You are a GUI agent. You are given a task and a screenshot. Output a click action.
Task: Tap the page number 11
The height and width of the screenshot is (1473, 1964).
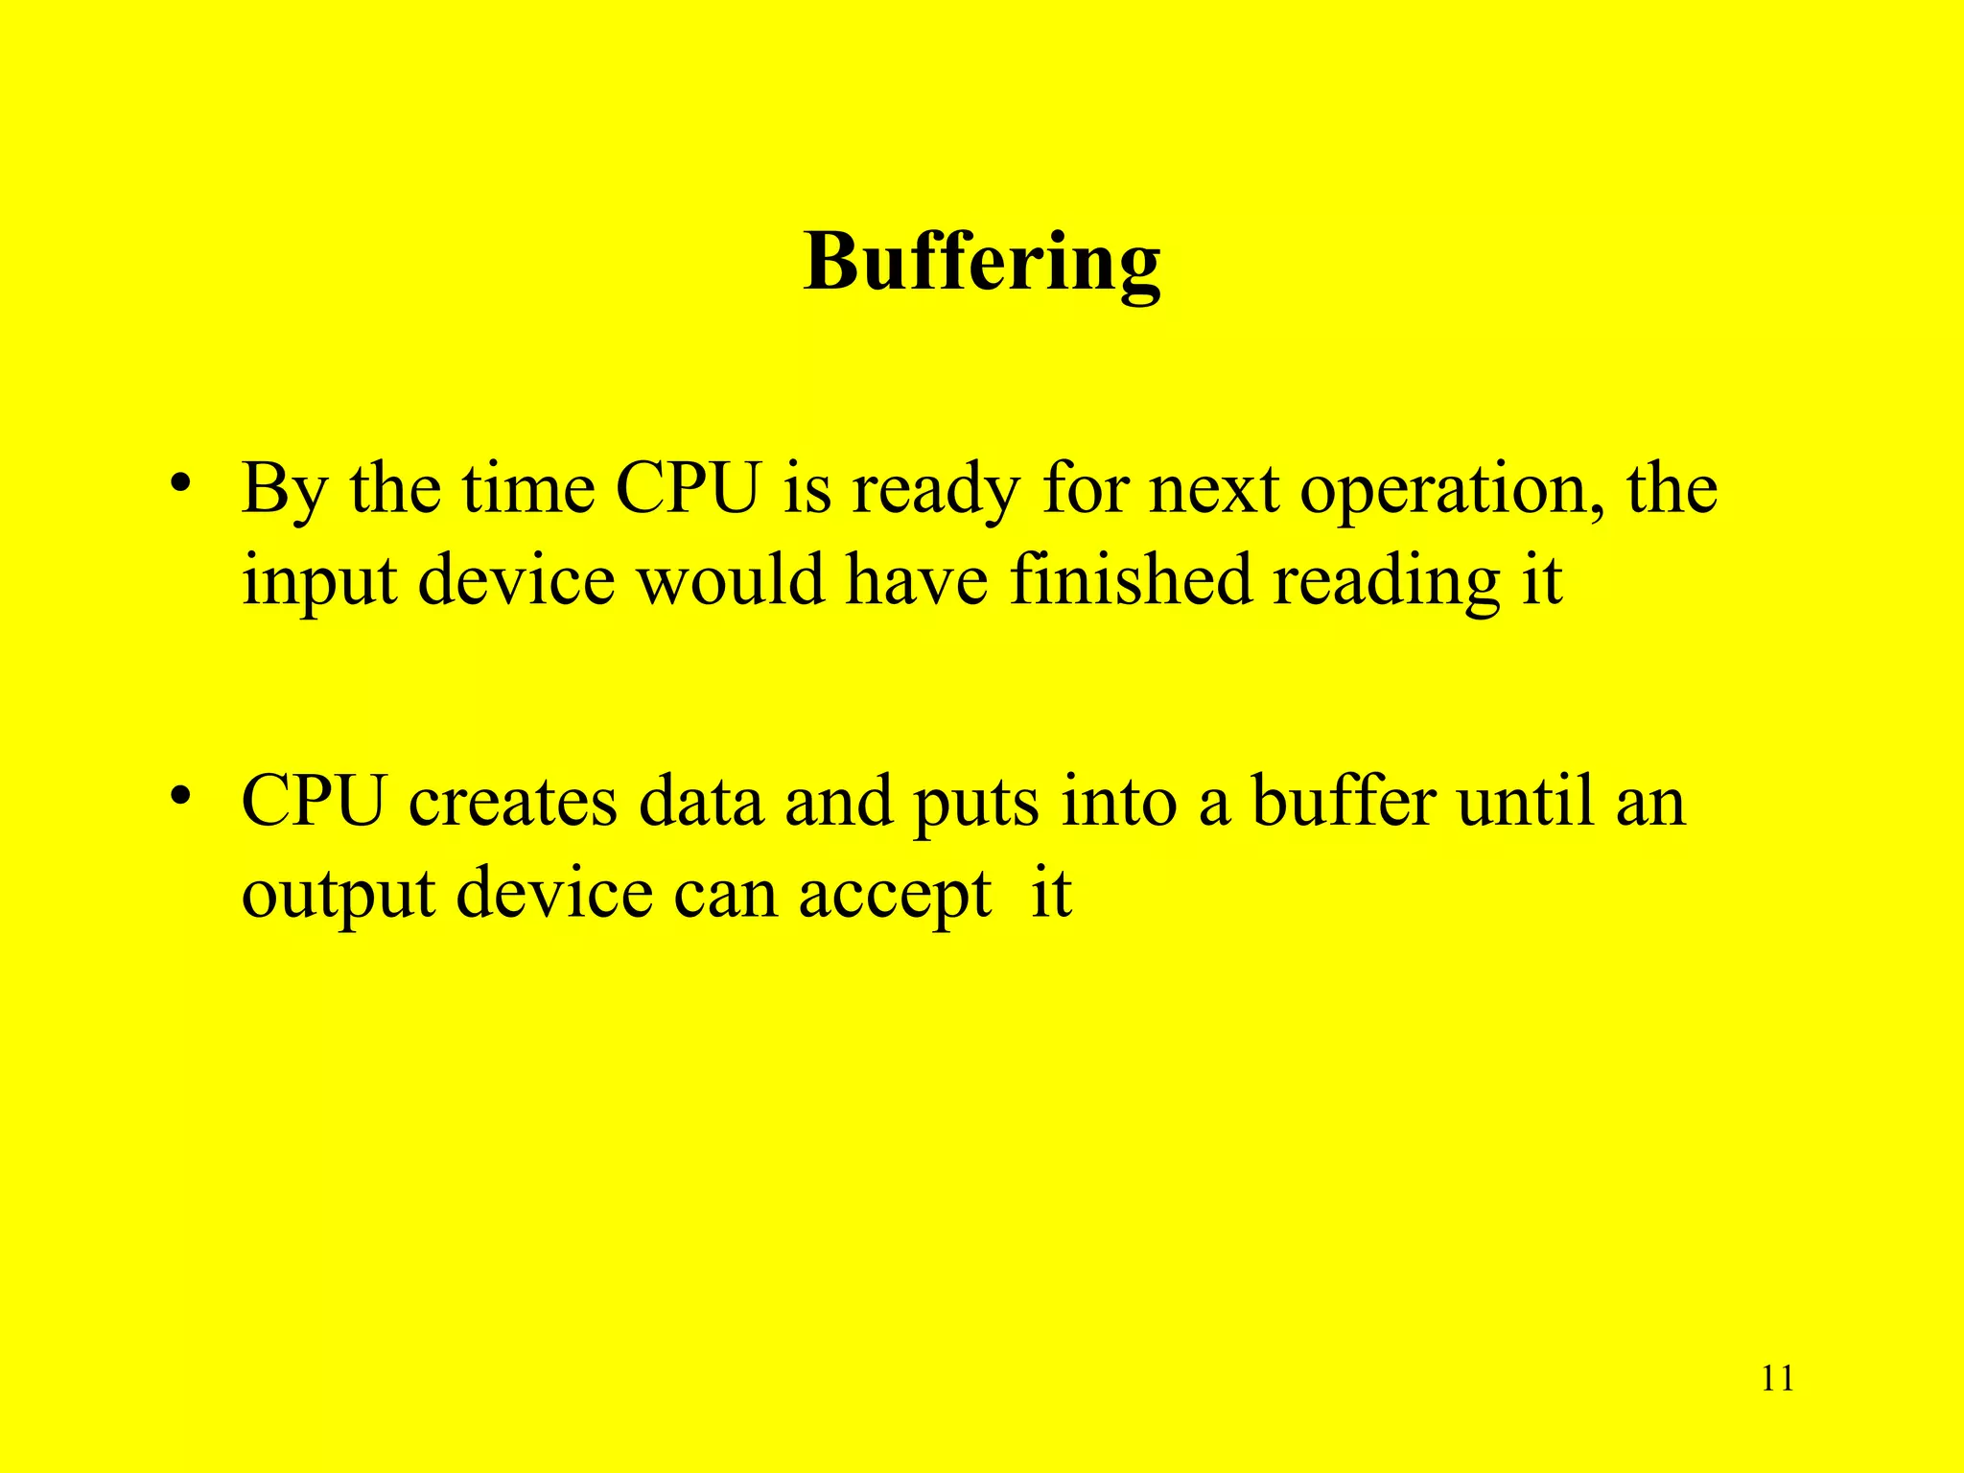[1777, 1379]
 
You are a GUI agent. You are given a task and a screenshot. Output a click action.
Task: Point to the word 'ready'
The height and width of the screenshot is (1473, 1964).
[935, 491]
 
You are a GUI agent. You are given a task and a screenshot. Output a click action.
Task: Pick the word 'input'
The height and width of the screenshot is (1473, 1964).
[318, 582]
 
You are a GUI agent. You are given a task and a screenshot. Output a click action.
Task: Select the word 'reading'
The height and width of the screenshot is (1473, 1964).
[1386, 582]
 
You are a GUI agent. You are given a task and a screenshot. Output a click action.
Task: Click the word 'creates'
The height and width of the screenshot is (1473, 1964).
[513, 802]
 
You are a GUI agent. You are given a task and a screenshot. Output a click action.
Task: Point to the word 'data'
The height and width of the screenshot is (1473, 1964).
[701, 802]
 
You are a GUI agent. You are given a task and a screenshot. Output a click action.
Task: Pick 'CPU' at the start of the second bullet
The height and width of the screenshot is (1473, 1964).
[314, 802]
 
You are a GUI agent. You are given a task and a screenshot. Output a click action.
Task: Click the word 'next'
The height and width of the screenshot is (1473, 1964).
[1214, 491]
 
